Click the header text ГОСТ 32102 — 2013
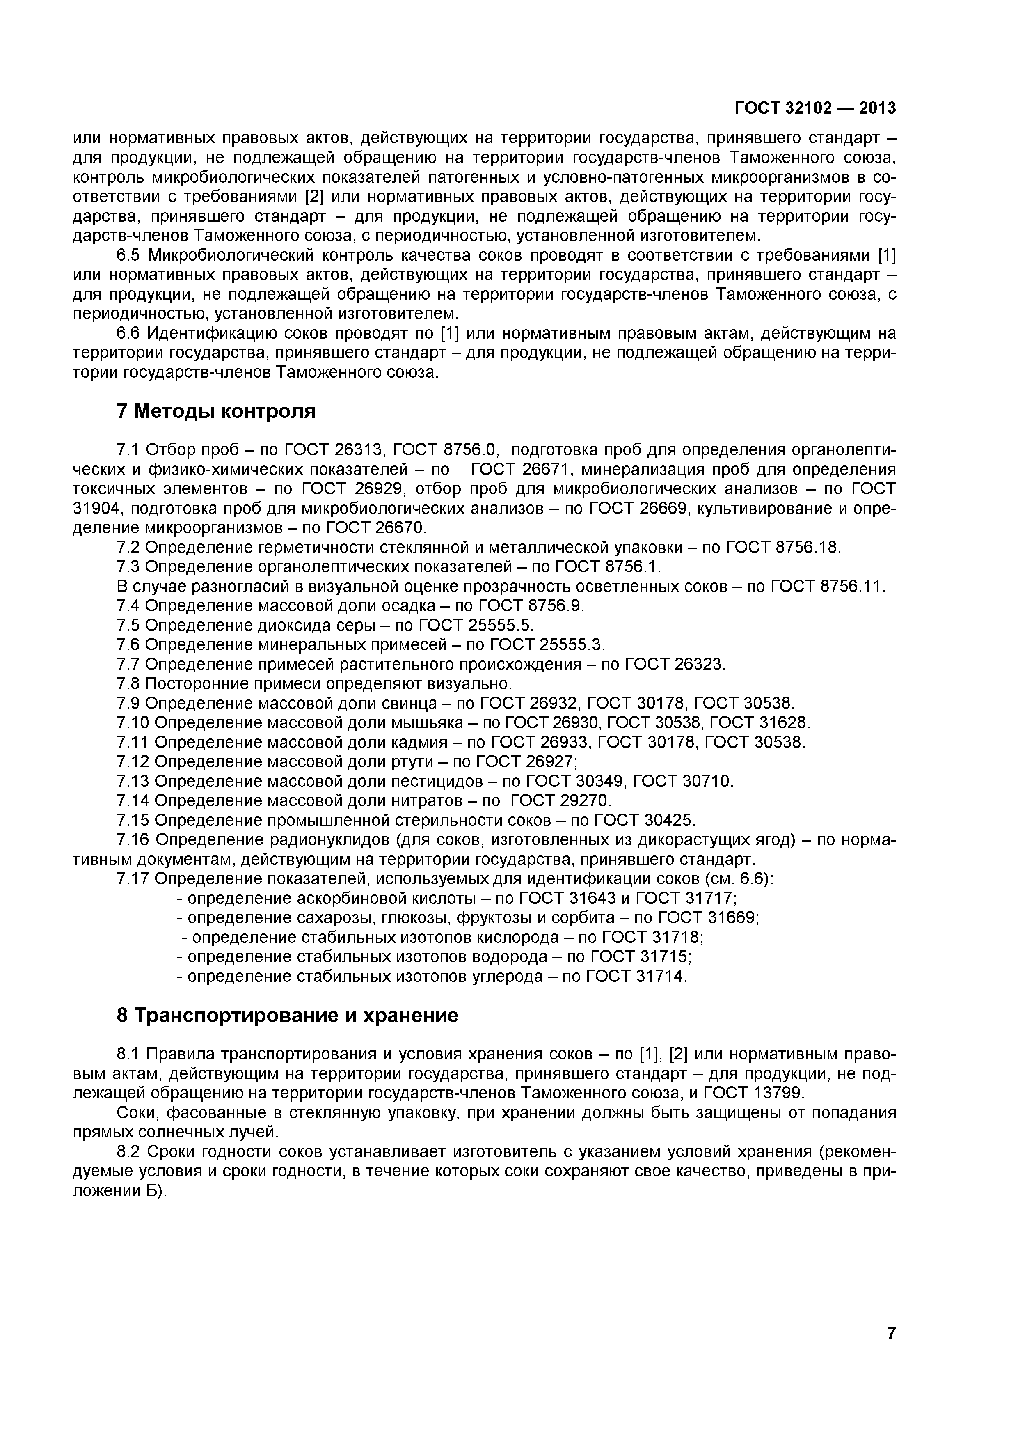click(x=815, y=108)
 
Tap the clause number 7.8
click(x=130, y=683)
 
